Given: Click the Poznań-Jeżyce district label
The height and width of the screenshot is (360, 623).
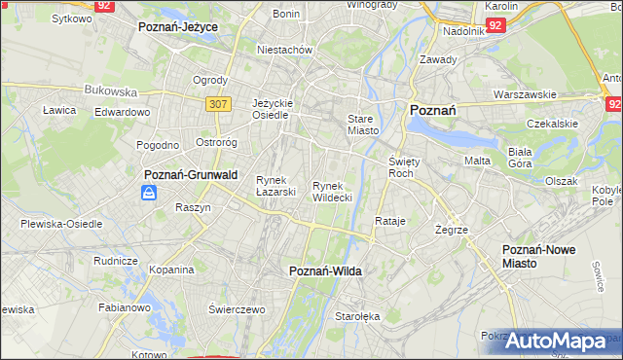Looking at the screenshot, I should coord(177,27).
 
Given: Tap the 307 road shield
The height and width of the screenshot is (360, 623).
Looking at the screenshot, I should coord(218,102).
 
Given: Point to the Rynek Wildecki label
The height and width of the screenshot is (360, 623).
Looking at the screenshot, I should coord(332,191).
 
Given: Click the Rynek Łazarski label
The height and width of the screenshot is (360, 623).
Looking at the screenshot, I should coord(275,185).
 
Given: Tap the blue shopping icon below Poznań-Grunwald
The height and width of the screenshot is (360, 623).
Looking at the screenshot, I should coord(148,193).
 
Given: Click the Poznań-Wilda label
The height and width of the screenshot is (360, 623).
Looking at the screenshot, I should coord(325,271).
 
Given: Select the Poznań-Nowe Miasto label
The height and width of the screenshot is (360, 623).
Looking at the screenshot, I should coord(538,256).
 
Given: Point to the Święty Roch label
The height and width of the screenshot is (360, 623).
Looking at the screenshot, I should coord(402,166).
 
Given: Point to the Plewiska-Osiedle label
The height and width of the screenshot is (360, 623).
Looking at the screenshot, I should coord(61,223).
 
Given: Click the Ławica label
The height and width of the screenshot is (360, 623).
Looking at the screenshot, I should coord(59,110).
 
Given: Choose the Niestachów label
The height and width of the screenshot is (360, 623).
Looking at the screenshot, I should coord(283,49).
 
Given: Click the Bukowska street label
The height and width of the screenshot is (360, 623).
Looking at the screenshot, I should coord(110,90).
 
